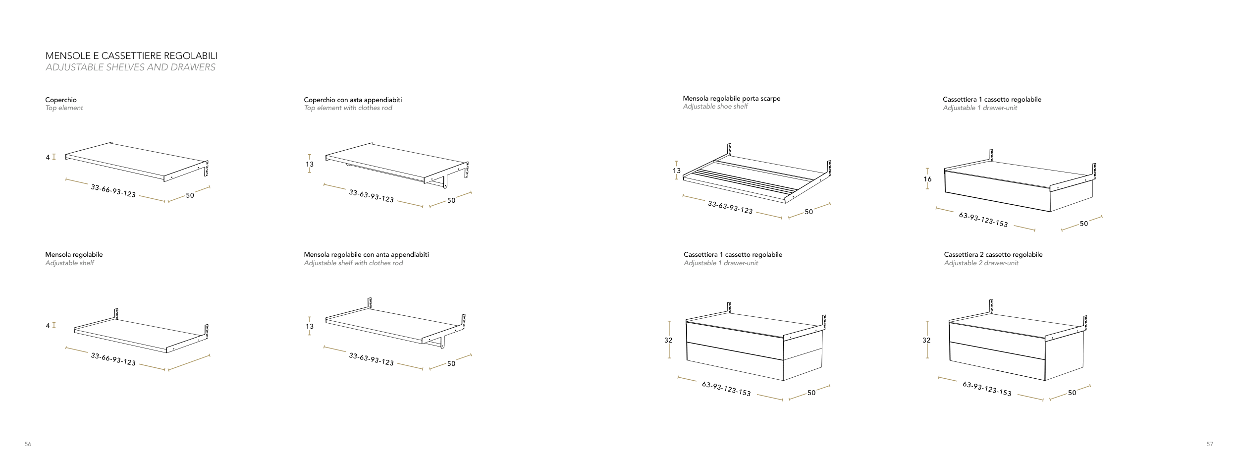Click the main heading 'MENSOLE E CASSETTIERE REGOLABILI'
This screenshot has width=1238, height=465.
click(x=131, y=56)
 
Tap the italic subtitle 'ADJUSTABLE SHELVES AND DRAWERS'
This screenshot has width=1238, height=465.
click(x=130, y=67)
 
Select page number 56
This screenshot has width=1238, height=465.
click(x=28, y=444)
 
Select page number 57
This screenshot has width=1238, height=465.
click(x=1209, y=444)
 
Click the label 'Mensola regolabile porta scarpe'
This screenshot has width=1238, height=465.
click(x=731, y=99)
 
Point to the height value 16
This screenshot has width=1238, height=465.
click(x=927, y=179)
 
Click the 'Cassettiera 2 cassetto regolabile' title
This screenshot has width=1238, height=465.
click(x=993, y=255)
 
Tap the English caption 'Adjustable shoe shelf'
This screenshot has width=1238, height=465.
click(x=715, y=107)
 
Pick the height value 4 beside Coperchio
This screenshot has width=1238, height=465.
click(x=48, y=158)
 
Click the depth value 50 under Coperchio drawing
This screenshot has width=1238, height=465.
click(x=190, y=195)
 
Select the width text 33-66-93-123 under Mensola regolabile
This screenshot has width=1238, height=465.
click(x=113, y=359)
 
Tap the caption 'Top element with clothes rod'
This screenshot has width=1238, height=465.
click(x=348, y=108)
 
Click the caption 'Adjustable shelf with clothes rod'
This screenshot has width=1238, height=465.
click(x=353, y=263)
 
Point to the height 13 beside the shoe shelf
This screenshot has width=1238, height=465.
click(x=677, y=171)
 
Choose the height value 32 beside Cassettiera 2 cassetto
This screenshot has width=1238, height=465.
click(x=926, y=341)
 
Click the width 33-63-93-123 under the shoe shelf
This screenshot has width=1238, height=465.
click(x=730, y=207)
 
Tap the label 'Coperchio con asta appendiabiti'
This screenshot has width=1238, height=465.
click(x=353, y=100)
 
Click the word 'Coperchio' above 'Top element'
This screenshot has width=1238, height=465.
click(x=61, y=100)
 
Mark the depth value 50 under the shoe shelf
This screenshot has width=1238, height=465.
click(x=808, y=212)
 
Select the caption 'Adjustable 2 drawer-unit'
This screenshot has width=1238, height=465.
click(x=981, y=263)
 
